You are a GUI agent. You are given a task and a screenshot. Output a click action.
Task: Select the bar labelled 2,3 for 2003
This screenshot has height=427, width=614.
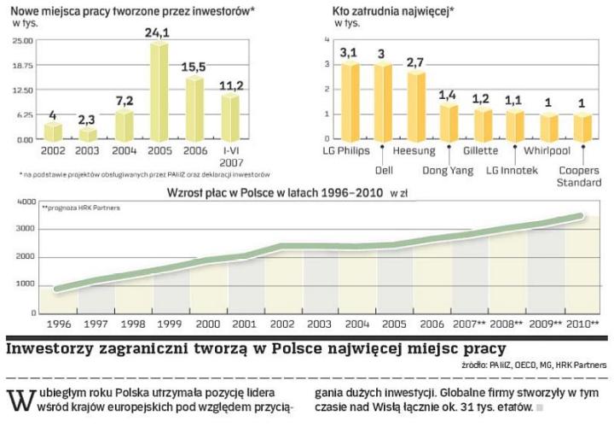(89, 134)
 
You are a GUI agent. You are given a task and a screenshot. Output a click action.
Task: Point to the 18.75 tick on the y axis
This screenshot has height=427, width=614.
(23, 65)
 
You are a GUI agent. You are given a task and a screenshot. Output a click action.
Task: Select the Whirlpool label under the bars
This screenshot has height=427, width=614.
(547, 151)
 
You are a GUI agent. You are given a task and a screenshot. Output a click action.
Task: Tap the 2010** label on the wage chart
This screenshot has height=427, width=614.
(582, 325)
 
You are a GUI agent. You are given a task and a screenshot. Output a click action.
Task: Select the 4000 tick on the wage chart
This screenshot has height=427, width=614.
(26, 201)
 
